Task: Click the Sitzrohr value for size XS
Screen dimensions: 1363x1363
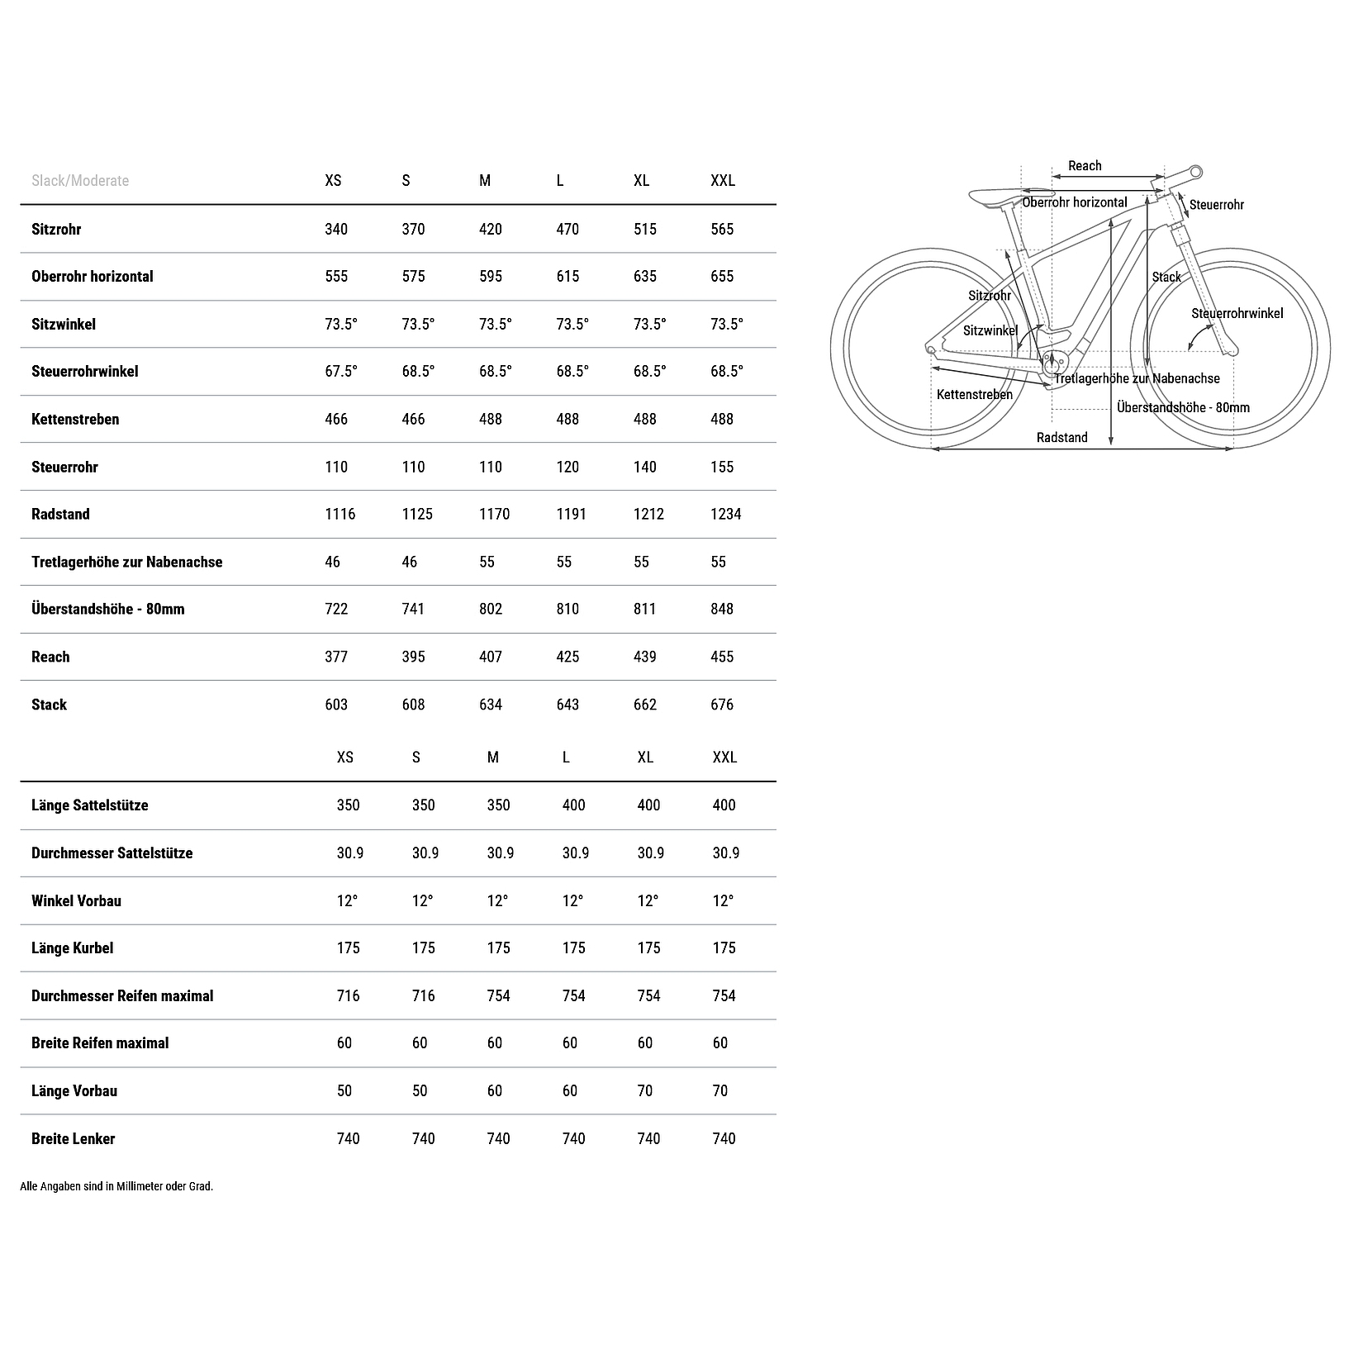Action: tap(336, 229)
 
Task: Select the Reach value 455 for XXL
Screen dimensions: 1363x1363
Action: tap(722, 657)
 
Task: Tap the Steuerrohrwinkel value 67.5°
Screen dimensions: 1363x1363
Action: tap(340, 372)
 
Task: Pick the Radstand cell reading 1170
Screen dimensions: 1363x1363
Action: tap(494, 514)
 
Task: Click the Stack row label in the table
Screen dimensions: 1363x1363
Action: tap(49, 705)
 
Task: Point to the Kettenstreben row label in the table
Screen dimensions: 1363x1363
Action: tap(75, 419)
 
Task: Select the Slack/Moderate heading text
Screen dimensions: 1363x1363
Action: tap(80, 181)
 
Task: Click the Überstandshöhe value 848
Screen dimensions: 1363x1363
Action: tap(722, 609)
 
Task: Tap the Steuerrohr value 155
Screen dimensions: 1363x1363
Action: tap(722, 467)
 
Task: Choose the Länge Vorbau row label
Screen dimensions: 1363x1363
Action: tap(74, 1091)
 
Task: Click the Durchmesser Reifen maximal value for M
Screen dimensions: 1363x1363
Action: tap(498, 995)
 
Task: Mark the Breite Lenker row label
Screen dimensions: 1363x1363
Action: tap(73, 1138)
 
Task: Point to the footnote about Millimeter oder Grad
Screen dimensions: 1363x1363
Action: tap(116, 1186)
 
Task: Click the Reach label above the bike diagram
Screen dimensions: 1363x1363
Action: tap(1085, 166)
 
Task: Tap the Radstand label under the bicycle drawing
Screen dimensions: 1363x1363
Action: tap(1061, 437)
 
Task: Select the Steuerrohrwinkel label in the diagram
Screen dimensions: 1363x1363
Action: tap(1237, 313)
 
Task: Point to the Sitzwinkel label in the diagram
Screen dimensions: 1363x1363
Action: tap(990, 330)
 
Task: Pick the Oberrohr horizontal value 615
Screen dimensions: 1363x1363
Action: tap(568, 277)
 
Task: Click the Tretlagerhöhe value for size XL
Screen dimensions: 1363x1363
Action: tap(641, 562)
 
